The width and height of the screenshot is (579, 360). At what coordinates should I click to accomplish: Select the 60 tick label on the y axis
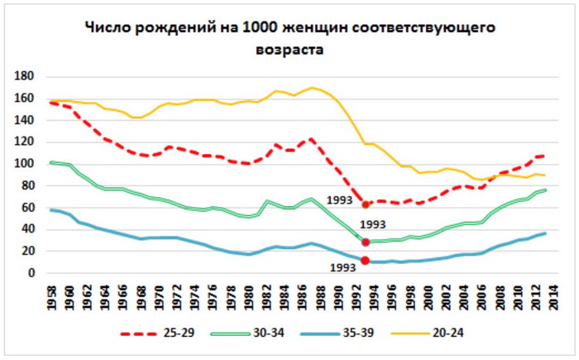[x=26, y=208]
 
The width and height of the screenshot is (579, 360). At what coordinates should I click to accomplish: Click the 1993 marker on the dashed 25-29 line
[x=366, y=204]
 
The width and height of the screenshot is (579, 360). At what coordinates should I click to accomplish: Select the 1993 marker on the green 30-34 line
[x=366, y=242]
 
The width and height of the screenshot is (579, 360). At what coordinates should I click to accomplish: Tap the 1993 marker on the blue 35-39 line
[x=366, y=262]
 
